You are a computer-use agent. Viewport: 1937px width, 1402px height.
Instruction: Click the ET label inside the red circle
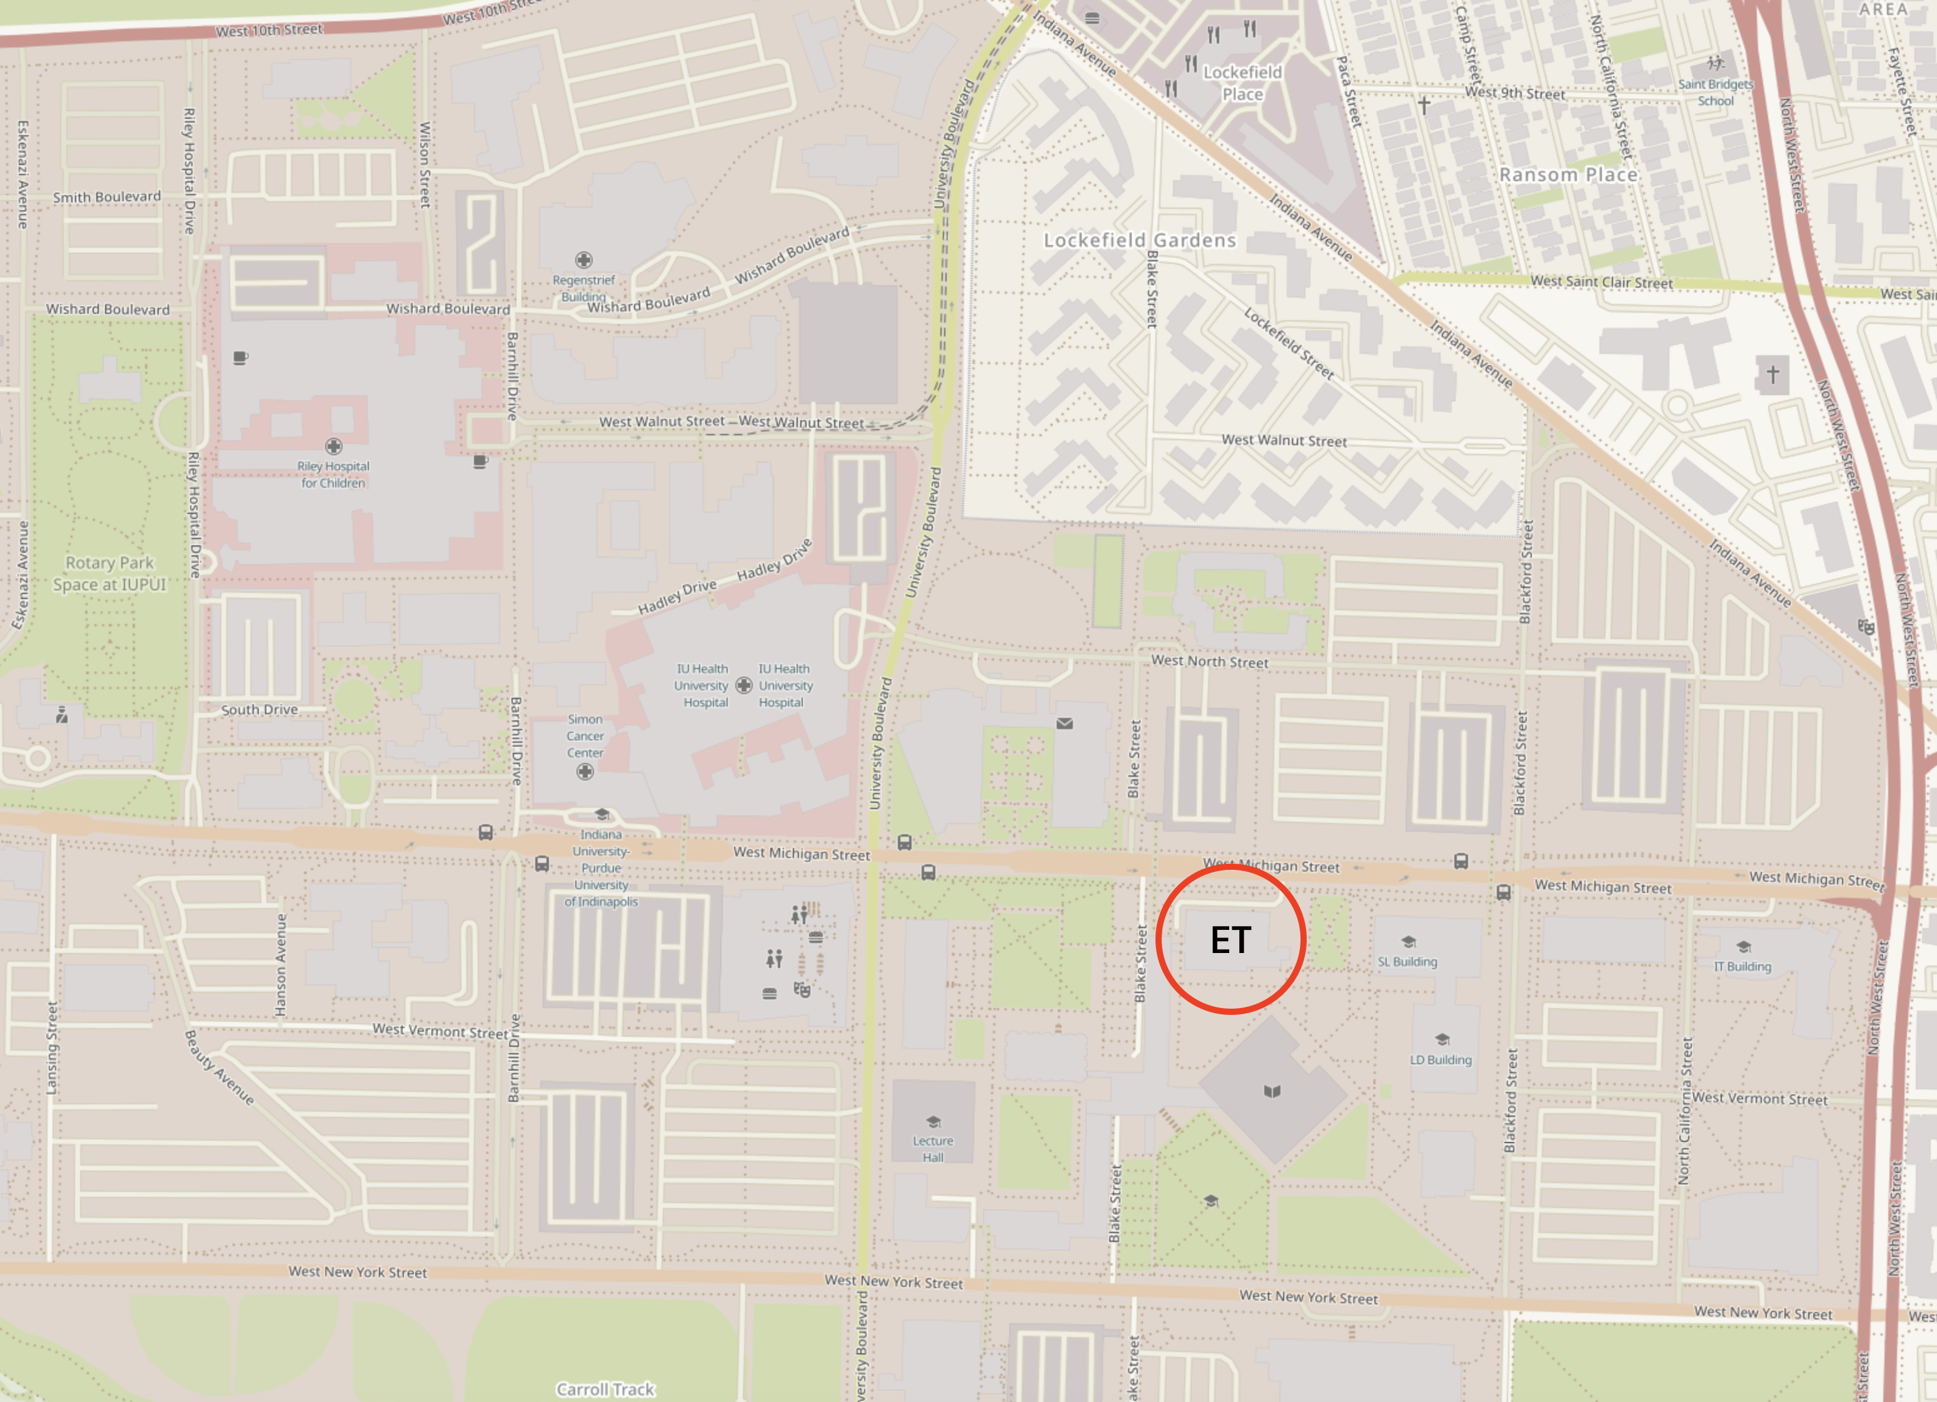pos(1230,940)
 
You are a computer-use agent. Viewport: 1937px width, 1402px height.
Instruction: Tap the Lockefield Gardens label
pos(1139,240)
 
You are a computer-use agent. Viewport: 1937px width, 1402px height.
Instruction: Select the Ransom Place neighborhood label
pos(1568,175)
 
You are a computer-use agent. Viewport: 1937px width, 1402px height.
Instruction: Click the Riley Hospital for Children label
pos(333,474)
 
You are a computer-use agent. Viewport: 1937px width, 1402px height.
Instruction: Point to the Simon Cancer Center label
pos(585,735)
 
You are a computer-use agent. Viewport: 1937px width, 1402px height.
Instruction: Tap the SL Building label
pos(1407,961)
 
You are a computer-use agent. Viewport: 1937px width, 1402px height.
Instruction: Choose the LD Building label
pos(1441,1059)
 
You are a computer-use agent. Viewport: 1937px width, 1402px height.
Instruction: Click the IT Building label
pos(1743,966)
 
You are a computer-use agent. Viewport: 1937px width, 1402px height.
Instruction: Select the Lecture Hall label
pos(933,1148)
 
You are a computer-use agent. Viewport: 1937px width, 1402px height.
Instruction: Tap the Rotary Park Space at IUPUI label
pos(109,573)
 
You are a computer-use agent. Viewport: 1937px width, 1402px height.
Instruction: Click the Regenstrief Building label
pos(583,288)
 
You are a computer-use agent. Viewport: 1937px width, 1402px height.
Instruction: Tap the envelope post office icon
pos(1064,724)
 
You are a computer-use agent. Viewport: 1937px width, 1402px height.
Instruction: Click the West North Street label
pos(1209,661)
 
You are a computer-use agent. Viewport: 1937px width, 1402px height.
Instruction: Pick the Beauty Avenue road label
pos(219,1067)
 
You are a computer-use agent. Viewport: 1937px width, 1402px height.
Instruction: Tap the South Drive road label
pos(259,709)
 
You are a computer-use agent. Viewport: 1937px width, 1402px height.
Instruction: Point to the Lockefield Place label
pos(1242,83)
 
